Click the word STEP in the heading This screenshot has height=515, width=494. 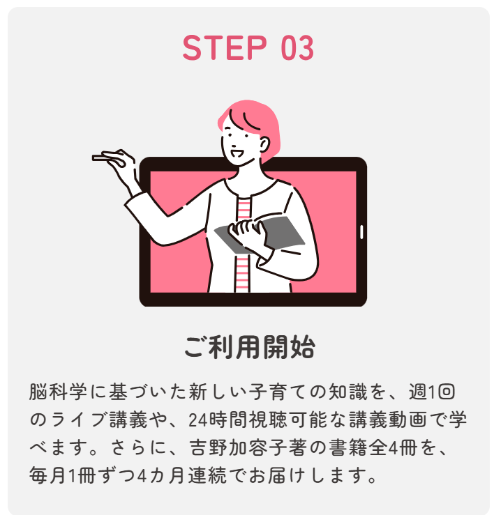(x=225, y=48)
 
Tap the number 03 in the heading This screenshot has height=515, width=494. (x=297, y=48)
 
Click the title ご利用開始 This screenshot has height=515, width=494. (x=250, y=347)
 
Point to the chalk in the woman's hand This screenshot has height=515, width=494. (x=98, y=158)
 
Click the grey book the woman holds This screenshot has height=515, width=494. (x=263, y=234)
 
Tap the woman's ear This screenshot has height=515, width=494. (x=264, y=144)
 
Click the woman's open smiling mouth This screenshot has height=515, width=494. (x=237, y=153)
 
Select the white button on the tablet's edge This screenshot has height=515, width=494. (x=361, y=232)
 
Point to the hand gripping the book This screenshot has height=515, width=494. (x=246, y=231)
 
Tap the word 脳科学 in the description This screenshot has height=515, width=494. (x=58, y=392)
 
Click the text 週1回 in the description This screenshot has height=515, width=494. (x=431, y=392)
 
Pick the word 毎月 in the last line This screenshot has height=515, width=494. (x=47, y=475)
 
